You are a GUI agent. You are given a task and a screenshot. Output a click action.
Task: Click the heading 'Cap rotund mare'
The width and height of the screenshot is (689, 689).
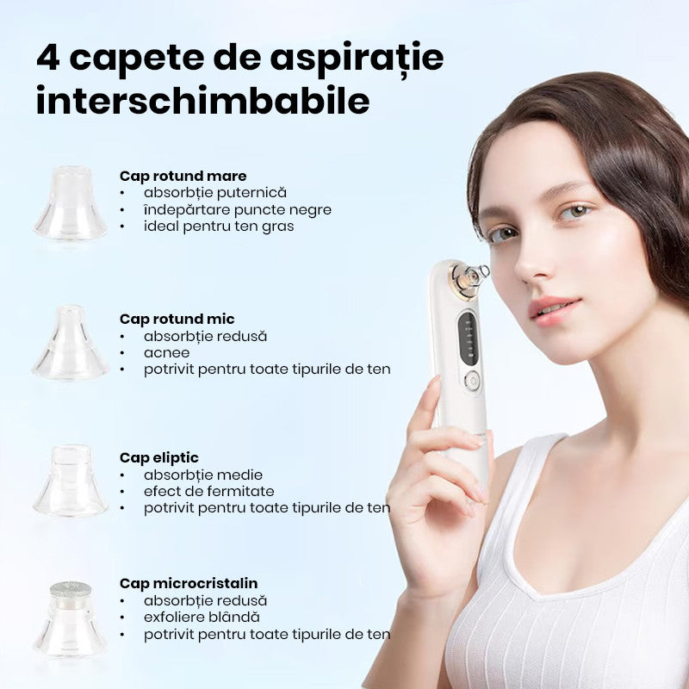click(183, 177)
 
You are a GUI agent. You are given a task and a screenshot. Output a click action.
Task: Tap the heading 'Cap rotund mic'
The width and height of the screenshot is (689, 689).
click(177, 319)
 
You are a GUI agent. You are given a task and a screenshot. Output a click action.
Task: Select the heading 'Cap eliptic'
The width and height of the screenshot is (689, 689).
click(159, 458)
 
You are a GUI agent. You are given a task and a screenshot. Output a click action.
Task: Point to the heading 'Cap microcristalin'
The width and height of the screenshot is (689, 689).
click(189, 584)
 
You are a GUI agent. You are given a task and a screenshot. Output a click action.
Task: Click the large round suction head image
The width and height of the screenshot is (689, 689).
click(71, 203)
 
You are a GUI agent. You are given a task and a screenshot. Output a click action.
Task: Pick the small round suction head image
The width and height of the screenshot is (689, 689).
click(71, 342)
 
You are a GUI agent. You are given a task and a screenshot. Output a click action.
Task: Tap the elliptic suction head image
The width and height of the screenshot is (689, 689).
click(71, 481)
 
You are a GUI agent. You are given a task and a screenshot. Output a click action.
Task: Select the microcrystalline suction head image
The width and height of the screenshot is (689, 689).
click(71, 618)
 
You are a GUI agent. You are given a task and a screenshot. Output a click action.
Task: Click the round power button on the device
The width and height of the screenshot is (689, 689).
click(472, 381)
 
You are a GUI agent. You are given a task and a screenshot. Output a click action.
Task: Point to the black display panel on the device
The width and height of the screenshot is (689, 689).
click(469, 338)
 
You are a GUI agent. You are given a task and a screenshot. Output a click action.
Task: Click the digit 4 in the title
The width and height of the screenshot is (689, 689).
click(48, 58)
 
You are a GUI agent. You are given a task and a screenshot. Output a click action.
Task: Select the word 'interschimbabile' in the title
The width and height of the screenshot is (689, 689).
click(202, 100)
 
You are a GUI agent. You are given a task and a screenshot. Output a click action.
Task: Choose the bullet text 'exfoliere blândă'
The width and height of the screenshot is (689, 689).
click(202, 617)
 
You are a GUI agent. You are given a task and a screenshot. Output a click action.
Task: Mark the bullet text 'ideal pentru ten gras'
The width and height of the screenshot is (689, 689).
click(219, 227)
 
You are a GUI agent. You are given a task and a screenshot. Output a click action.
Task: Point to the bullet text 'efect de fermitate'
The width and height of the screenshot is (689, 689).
click(208, 491)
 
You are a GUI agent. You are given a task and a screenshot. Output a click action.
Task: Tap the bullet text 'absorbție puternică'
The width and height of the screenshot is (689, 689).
click(214, 193)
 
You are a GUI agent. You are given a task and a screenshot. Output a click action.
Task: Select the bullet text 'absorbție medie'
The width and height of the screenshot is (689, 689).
click(203, 475)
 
